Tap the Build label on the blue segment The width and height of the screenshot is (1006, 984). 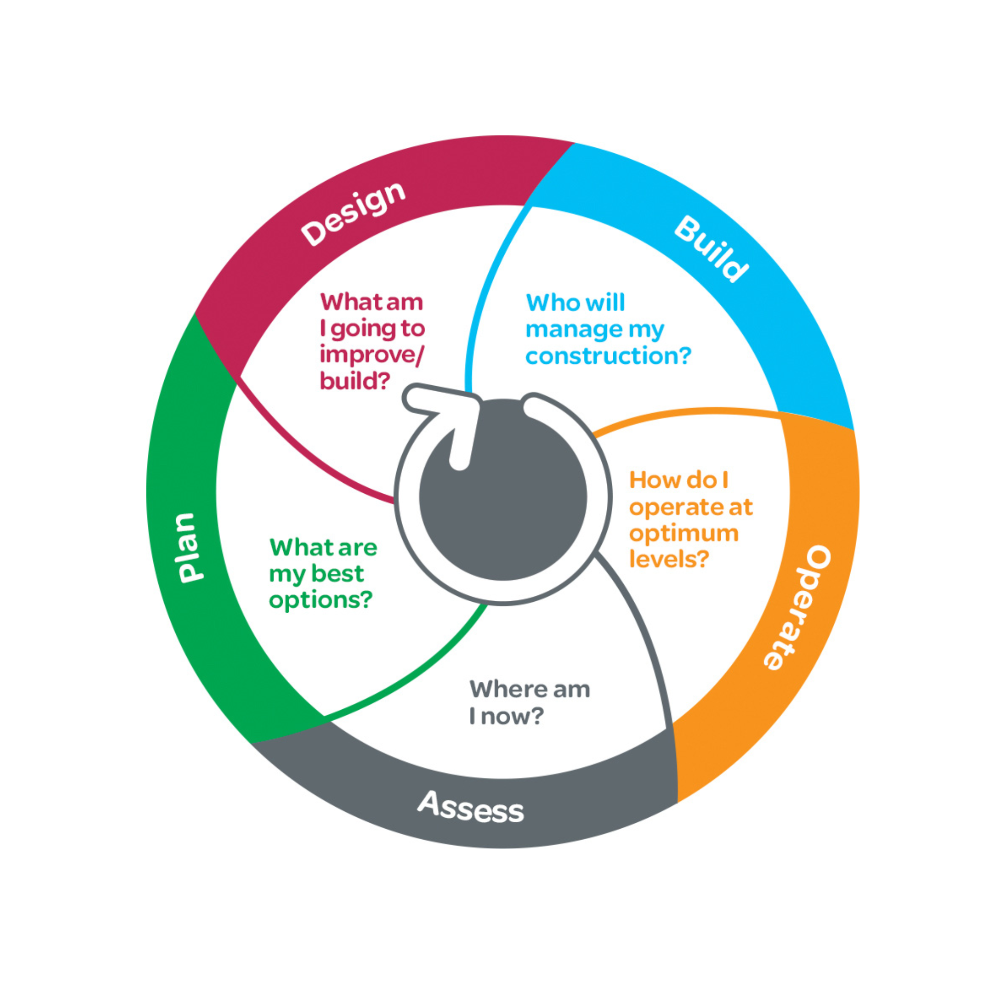click(711, 248)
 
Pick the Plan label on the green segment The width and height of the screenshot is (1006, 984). click(186, 548)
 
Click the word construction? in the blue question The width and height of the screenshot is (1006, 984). click(608, 355)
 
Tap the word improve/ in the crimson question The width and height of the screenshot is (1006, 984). click(372, 355)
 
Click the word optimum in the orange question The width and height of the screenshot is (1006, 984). click(683, 534)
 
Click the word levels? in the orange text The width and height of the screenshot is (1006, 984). click(668, 559)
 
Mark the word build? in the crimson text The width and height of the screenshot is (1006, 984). click(354, 381)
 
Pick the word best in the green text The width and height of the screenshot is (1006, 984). click(337, 574)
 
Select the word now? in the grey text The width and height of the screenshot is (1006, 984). click(512, 716)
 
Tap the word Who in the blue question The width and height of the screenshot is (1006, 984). click(547, 303)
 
